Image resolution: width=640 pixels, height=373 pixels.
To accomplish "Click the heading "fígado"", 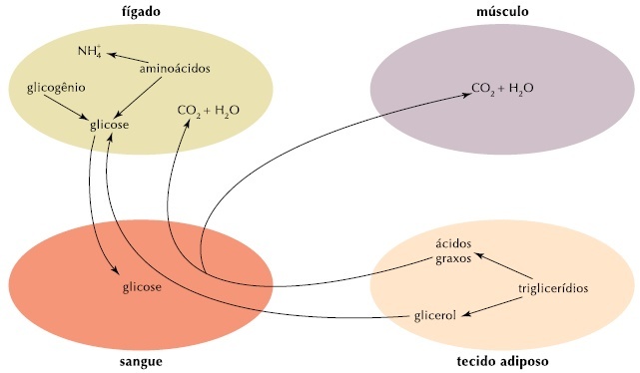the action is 141,12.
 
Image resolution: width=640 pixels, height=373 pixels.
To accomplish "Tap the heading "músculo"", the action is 502,11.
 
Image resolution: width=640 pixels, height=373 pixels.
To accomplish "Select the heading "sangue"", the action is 141,361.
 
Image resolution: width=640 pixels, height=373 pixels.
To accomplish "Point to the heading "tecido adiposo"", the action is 502,361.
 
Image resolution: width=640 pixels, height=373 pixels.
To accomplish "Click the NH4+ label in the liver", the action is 90,52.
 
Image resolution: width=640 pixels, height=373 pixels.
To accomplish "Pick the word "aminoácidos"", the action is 175,68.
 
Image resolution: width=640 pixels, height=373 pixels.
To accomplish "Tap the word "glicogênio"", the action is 56,88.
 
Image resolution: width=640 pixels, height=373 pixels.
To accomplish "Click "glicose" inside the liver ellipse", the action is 109,125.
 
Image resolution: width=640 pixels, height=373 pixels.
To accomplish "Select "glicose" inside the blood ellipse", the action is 142,287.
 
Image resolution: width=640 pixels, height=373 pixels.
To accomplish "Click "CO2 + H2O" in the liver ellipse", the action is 208,111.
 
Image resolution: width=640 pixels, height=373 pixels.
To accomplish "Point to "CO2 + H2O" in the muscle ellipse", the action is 502,89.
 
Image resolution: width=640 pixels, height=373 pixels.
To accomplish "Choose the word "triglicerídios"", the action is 553,288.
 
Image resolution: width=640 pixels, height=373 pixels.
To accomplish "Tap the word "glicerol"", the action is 434,315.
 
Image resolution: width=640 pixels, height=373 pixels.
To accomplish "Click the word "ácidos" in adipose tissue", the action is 453,243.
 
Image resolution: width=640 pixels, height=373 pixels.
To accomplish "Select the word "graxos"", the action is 453,259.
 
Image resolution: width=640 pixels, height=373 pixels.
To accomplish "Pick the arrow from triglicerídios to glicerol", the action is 493,306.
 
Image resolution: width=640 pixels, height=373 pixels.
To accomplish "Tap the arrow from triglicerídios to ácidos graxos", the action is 501,265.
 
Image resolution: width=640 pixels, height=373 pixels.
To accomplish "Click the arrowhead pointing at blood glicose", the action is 116,270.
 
